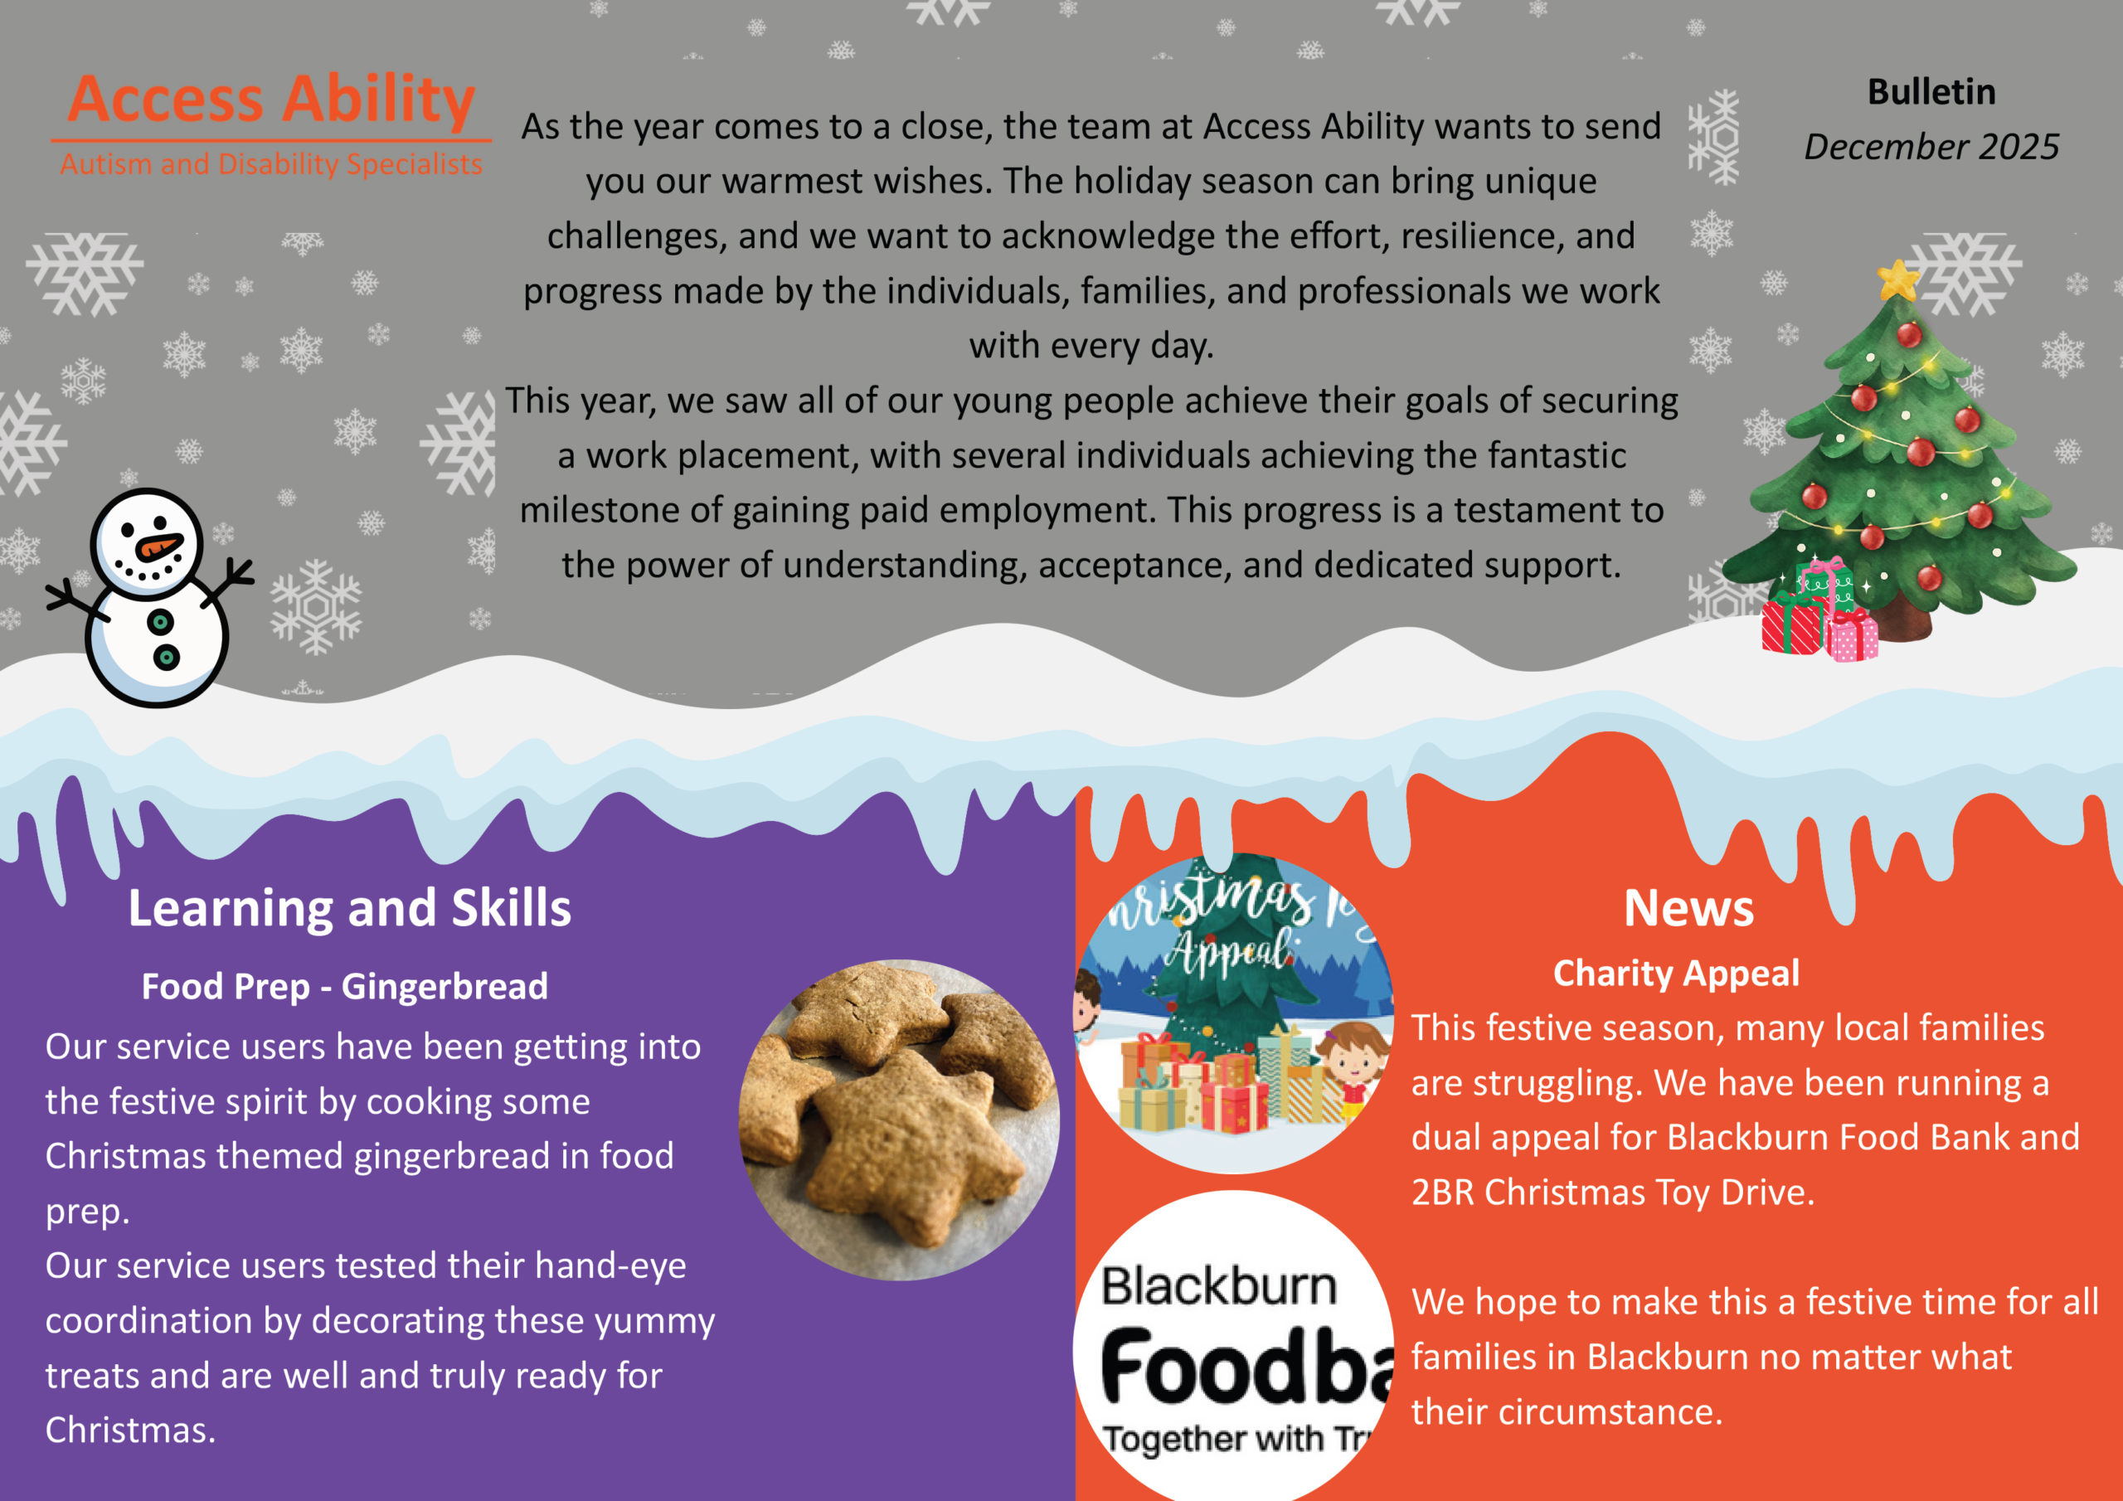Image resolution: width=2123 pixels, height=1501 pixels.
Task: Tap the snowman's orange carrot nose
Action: [159, 547]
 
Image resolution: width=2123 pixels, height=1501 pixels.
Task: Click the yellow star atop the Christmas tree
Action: [1898, 280]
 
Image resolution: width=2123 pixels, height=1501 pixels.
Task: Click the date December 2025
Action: [1931, 146]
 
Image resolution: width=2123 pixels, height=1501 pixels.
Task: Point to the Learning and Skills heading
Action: [349, 907]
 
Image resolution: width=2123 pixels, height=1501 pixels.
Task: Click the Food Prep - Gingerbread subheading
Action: [345, 986]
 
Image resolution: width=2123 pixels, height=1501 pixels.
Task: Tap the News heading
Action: [1688, 907]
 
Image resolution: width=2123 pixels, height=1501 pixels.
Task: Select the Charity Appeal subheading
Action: [1676, 973]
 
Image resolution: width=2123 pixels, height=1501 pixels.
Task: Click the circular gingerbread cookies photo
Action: [899, 1120]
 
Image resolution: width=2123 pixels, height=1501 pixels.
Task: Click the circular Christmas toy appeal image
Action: [1235, 1013]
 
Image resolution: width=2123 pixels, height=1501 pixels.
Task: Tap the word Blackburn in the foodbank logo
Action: [1219, 1286]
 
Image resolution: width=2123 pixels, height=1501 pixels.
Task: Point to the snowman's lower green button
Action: [167, 658]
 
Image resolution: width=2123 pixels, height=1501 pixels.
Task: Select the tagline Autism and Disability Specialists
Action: [271, 163]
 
